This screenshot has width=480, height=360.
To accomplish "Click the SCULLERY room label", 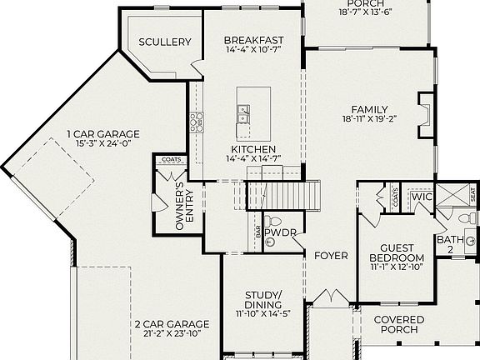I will click(x=165, y=42).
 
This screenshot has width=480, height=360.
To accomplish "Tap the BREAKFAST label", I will click(x=254, y=40).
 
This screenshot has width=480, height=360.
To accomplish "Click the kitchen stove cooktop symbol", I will click(x=197, y=122).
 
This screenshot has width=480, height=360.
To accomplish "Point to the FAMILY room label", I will click(x=369, y=109).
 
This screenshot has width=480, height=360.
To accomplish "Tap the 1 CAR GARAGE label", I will click(x=103, y=133).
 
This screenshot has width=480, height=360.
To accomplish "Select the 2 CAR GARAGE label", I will click(x=172, y=323).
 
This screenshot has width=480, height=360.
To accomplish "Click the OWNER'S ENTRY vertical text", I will click(x=184, y=205).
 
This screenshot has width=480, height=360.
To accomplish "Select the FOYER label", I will click(x=331, y=255).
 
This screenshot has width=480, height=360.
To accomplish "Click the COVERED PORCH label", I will click(x=398, y=324).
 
